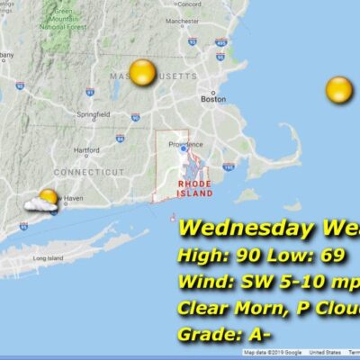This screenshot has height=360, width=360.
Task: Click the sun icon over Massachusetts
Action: [142, 72]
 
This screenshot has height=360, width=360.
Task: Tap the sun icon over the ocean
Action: [338, 89]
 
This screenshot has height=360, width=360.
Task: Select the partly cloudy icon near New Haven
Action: [43, 201]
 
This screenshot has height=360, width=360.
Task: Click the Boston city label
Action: [213, 99]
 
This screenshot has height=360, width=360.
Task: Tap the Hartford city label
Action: [86, 149]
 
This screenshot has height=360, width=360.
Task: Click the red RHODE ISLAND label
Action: [193, 187]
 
